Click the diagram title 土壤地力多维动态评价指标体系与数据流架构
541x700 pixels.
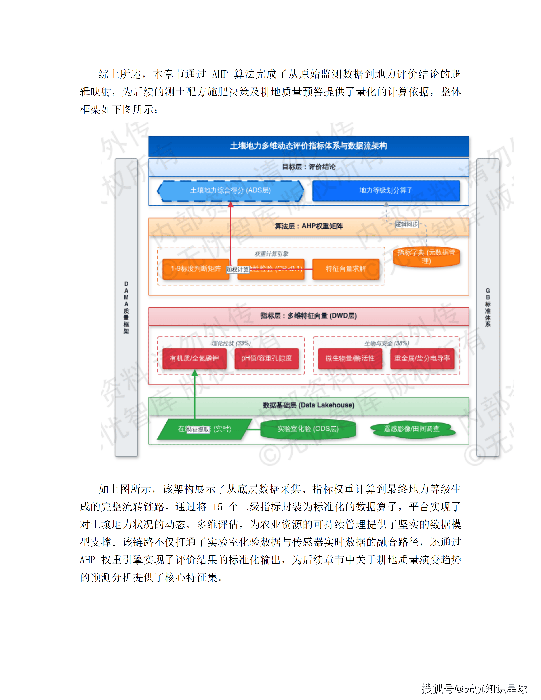coord(308,146)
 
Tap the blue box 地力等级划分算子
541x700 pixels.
coord(386,190)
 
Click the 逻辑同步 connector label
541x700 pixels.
coord(406,224)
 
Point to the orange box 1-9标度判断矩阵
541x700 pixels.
coord(196,269)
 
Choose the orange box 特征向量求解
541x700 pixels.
coord(345,269)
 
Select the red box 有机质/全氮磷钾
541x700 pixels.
coord(194,358)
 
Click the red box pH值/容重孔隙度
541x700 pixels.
coord(266,358)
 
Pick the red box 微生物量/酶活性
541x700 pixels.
coord(350,358)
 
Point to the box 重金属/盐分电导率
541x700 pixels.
coord(422,358)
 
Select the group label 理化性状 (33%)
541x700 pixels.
coord(231,343)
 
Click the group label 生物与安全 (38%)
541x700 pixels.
coord(387,343)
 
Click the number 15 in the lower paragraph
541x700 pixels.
coord(217,507)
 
